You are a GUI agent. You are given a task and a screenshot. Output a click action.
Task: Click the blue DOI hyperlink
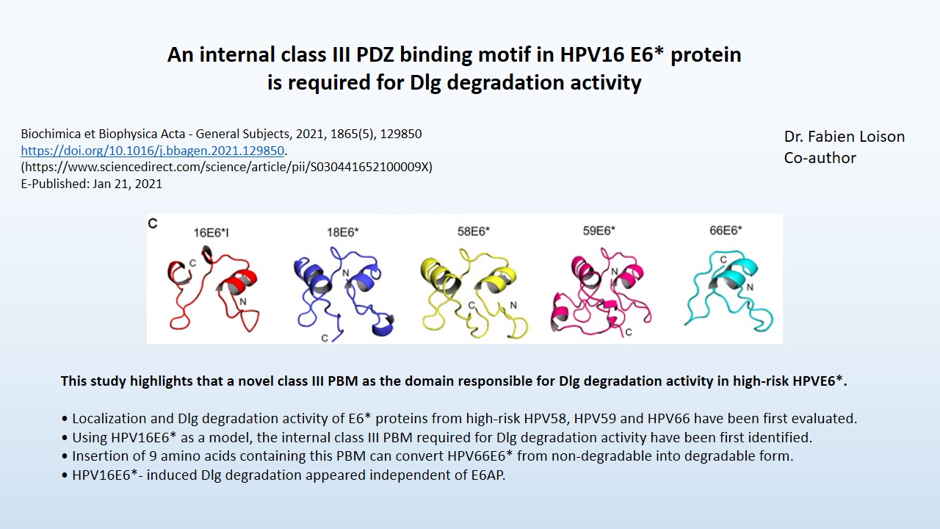pos(152,151)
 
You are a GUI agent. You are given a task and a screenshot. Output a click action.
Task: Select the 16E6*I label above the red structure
pos(211,233)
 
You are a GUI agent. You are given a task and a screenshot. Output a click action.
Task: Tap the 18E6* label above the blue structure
pos(343,231)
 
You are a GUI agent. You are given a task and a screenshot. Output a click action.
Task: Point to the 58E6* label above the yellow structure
pos(474,231)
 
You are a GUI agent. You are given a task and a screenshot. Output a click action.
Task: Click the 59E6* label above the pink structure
pos(599,231)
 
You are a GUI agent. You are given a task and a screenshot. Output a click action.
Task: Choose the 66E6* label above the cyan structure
pos(726,230)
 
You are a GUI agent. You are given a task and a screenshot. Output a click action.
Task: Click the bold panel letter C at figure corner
pos(152,223)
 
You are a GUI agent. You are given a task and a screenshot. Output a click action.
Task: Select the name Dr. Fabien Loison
pos(845,137)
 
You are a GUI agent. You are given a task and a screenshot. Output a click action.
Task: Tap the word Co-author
pos(820,158)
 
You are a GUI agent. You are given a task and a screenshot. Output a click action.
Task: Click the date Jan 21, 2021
pos(127,184)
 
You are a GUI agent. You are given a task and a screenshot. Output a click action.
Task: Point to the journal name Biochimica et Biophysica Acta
pos(103,134)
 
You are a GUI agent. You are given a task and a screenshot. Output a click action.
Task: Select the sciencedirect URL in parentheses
pos(227,167)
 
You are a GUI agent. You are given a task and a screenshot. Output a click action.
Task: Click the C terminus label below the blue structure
pos(325,338)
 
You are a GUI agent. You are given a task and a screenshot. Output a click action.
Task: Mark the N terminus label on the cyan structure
pos(750,287)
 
